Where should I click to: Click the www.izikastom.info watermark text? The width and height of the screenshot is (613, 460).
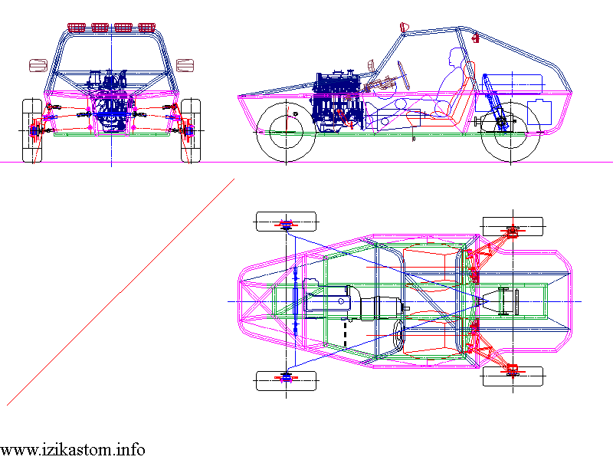(x=73, y=449)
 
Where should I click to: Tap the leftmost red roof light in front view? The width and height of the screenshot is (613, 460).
(x=77, y=28)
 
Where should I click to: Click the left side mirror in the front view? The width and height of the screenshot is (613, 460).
(x=38, y=64)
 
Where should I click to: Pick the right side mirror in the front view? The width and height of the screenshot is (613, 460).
(x=185, y=64)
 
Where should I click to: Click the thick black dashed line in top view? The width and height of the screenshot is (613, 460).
(x=344, y=331)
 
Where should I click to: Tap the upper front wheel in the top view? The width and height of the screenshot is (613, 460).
(x=286, y=221)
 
